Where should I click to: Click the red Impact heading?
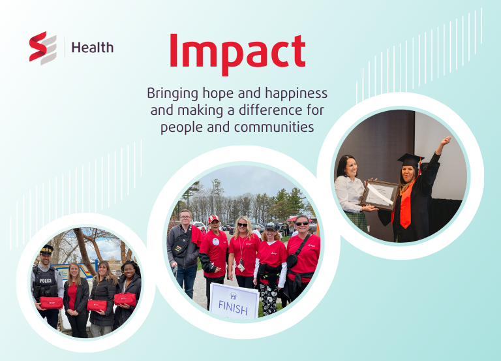tap(237, 52)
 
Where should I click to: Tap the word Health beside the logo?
tap(92, 47)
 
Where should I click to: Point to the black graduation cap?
tap(411, 159)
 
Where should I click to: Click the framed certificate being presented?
tap(380, 194)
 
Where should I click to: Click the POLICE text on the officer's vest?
tap(45, 280)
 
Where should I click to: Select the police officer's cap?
tap(46, 250)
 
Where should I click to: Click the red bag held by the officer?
tap(51, 302)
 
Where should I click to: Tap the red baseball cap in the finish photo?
tap(213, 219)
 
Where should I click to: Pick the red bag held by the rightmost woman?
tap(125, 298)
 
